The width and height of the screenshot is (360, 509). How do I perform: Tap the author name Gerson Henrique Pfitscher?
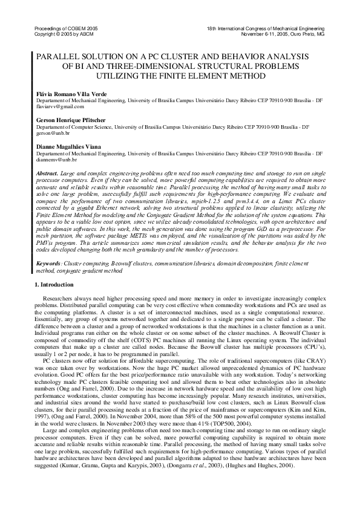[73, 120]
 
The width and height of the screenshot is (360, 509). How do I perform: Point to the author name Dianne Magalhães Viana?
[68, 147]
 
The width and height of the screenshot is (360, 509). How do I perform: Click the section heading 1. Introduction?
[55, 284]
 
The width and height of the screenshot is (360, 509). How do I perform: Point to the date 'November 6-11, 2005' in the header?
[264, 34]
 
